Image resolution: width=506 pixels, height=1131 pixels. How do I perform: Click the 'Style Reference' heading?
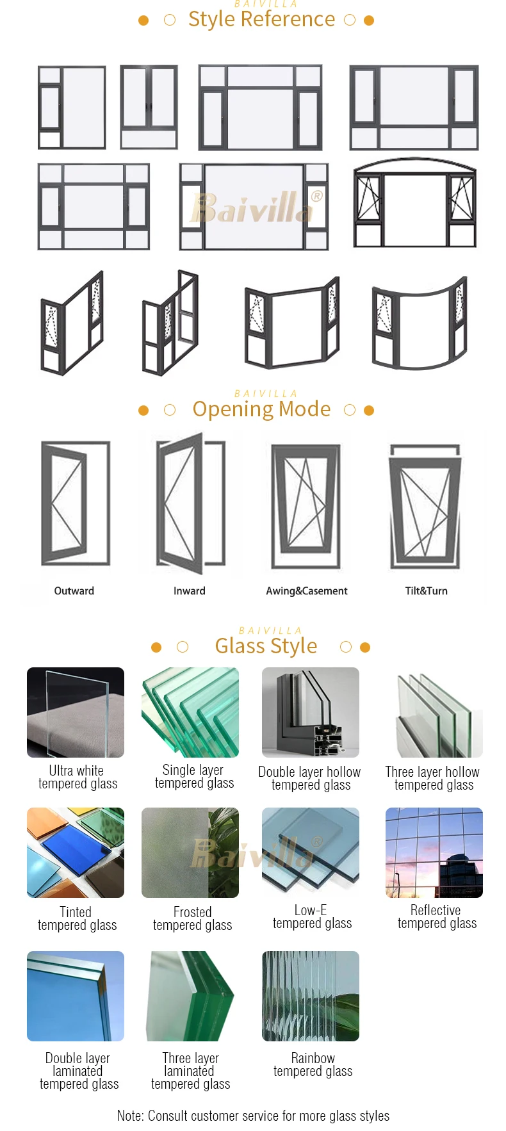coord(261,20)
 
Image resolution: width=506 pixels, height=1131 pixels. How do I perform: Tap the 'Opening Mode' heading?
coord(261,409)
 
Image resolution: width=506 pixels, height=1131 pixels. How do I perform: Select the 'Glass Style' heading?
coord(266,646)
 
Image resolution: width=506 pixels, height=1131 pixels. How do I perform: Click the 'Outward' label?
coord(74,591)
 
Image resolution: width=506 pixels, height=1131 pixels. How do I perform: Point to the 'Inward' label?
coord(190,591)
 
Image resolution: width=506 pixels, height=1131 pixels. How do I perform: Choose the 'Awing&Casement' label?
coord(307,591)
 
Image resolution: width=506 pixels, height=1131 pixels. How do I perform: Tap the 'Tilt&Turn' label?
coord(426,591)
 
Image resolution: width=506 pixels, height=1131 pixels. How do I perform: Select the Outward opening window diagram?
coord(76,503)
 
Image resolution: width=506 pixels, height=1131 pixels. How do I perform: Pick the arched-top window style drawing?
coord(414,204)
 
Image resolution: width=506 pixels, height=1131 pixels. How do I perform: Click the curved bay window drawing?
coord(420,323)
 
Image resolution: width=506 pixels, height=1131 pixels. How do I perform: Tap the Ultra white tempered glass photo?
coord(76,712)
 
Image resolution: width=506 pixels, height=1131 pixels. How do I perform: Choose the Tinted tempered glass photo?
coord(76,852)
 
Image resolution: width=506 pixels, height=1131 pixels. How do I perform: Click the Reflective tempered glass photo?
coord(434,852)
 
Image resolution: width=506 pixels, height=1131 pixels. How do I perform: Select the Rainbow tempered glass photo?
coord(311,996)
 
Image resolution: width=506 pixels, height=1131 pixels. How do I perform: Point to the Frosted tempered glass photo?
coord(190,852)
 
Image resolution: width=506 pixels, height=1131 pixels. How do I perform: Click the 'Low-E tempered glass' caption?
coord(312,917)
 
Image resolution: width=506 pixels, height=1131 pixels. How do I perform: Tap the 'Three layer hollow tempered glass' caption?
coord(433,779)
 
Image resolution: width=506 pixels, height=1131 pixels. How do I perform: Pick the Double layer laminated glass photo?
coord(76,996)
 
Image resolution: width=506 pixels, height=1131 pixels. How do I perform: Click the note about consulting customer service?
coord(253,1116)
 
